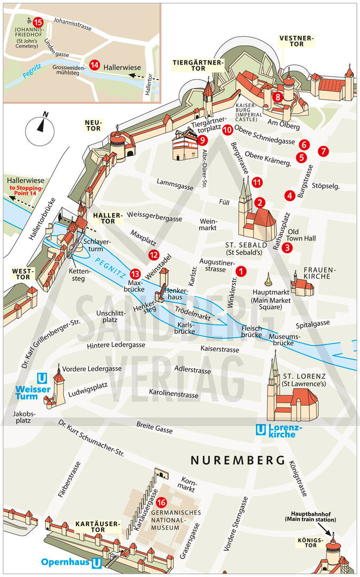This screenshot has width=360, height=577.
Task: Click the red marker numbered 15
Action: point(37,22)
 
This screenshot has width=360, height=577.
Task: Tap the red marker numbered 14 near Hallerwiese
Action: point(95,65)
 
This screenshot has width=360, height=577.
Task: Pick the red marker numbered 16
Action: point(162,503)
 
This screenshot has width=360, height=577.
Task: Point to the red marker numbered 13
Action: point(135,274)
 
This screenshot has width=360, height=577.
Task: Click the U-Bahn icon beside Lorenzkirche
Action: point(261,428)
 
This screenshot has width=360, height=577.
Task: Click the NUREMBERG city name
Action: point(238,459)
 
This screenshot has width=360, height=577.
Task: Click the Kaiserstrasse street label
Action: point(220,349)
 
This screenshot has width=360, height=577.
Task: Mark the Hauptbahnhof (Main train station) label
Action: point(310,516)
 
